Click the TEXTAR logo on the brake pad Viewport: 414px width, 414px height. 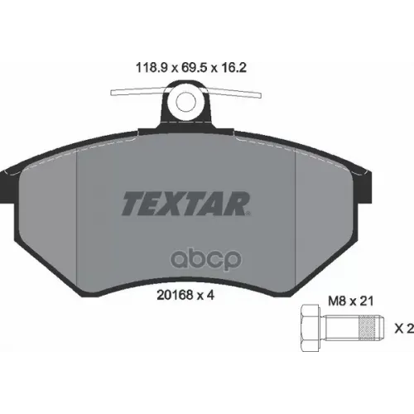pos(186,201)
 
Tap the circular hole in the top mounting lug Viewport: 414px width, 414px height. pos(186,103)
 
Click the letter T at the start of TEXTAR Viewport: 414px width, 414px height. pos(132,201)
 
